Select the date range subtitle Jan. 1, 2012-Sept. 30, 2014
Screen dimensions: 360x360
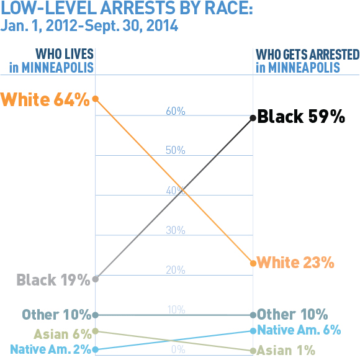(89, 27)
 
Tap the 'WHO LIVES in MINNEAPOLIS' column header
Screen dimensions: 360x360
(52, 61)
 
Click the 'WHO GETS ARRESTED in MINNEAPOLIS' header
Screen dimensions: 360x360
(307, 61)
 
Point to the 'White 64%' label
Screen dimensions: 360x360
(45, 99)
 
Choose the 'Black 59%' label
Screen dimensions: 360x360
(300, 117)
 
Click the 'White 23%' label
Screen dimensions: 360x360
(295, 263)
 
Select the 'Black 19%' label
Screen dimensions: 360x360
(54, 280)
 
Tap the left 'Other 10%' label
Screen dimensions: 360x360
(56, 315)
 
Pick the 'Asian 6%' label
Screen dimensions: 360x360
(63, 334)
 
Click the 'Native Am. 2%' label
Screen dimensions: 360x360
(50, 349)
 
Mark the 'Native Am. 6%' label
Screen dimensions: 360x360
(299, 330)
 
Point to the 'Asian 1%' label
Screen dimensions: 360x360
(286, 351)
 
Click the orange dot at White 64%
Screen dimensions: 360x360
(95, 99)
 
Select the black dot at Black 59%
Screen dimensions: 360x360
(253, 118)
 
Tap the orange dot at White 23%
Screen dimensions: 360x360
(253, 263)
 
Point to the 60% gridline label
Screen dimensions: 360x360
(176, 111)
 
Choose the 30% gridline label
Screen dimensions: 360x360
(176, 230)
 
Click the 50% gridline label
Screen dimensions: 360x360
(176, 151)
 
